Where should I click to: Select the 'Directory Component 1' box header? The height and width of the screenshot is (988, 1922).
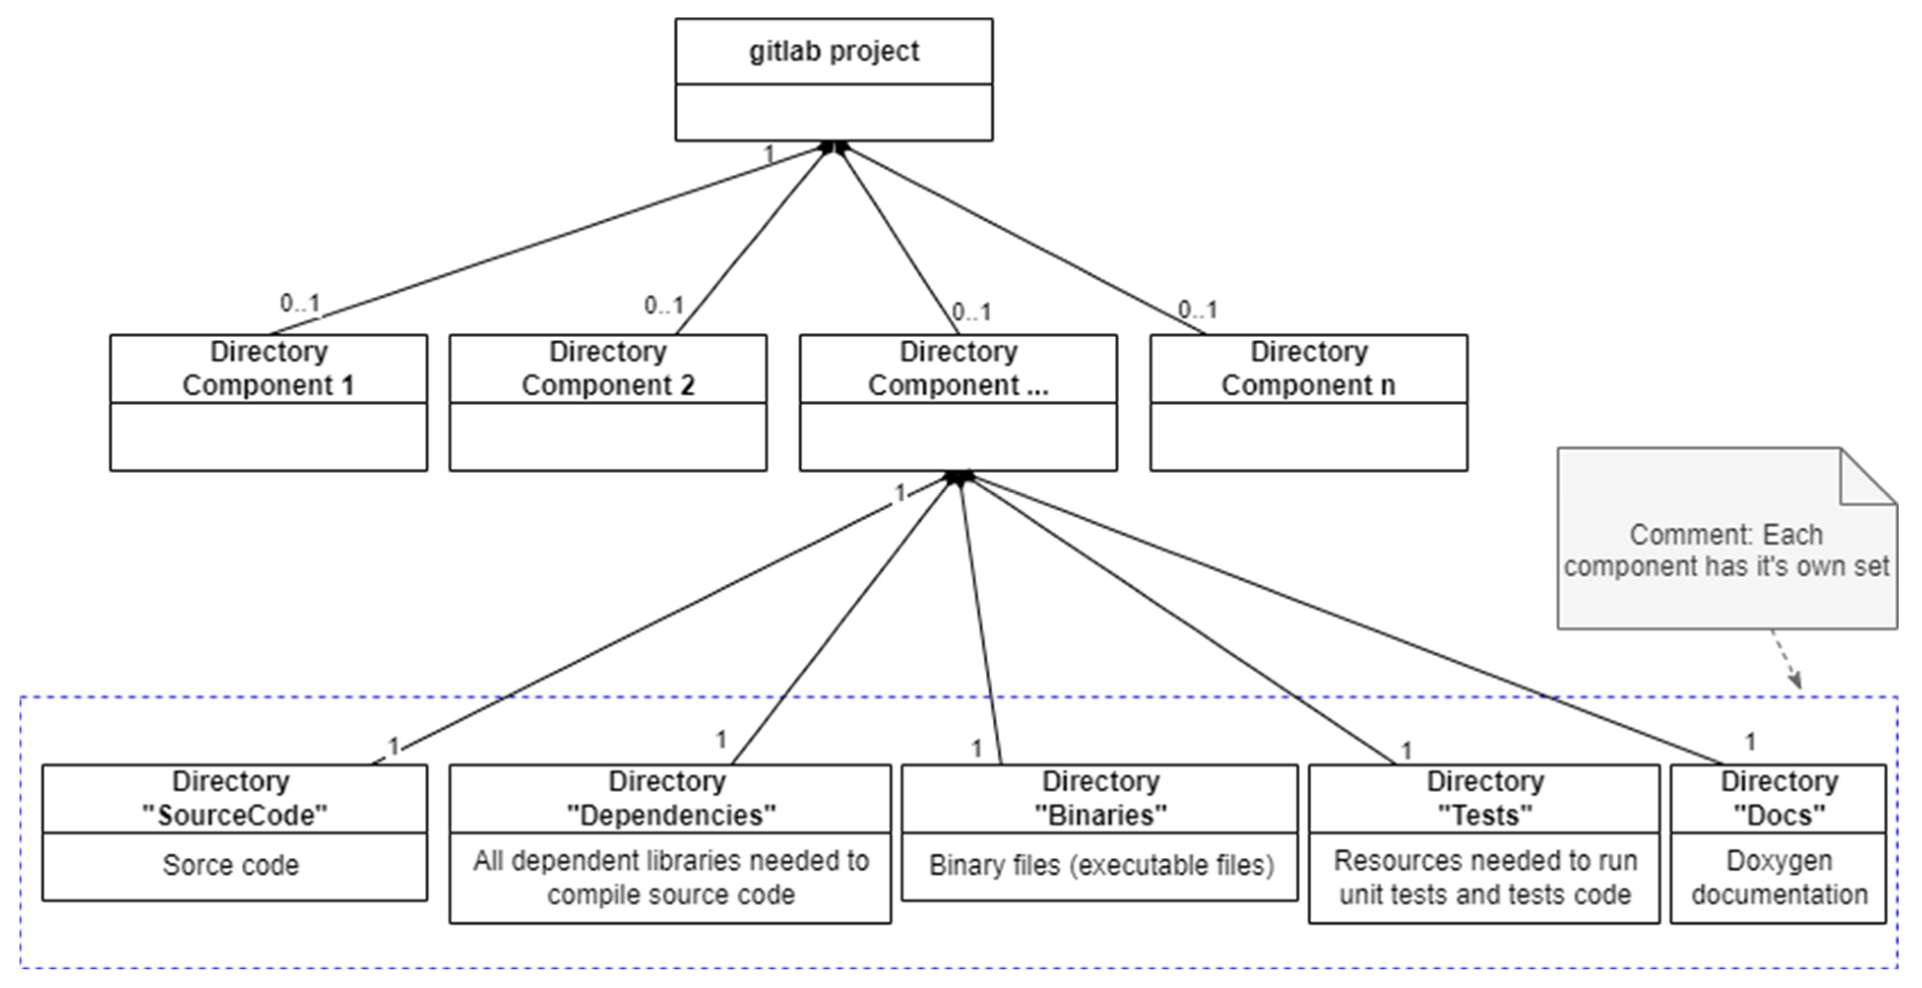269,369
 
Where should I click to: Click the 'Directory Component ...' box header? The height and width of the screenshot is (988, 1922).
958,369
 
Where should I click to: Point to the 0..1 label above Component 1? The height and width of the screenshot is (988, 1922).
300,303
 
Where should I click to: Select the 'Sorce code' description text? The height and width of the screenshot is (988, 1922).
231,865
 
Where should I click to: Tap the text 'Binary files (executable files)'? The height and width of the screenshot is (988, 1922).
1101,865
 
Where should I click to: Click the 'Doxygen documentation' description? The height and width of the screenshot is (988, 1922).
1779,878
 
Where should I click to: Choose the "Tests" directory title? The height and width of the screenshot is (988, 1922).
1485,815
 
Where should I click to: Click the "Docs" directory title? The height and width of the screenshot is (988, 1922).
1779,815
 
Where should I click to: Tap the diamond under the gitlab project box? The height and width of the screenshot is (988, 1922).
834,146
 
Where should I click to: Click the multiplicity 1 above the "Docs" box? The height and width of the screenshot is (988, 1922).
1750,742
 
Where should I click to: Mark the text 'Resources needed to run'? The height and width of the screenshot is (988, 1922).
1485,861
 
